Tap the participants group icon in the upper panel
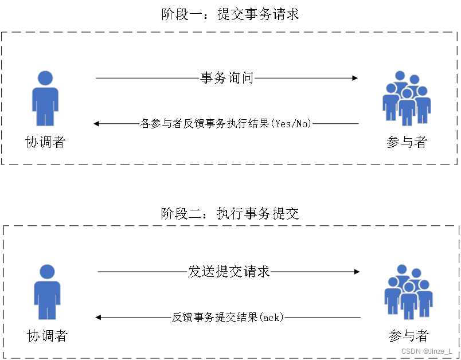(x=407, y=99)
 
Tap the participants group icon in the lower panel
(x=408, y=292)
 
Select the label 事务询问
(x=226, y=78)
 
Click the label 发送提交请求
(x=229, y=272)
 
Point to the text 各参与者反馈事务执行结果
(x=205, y=123)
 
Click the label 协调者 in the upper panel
(x=46, y=142)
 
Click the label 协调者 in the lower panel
(x=47, y=336)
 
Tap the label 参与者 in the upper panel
(x=407, y=142)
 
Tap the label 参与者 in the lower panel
(x=409, y=336)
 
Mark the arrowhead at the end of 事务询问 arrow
(x=355, y=78)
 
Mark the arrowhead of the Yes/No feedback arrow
(x=97, y=123)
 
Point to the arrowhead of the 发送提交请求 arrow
(x=357, y=272)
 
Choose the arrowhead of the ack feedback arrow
(x=99, y=317)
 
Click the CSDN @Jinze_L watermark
(x=426, y=351)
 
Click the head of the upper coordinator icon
(x=45, y=78)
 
